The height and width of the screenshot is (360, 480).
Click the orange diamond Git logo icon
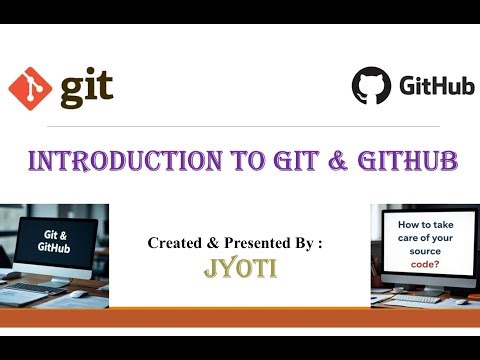click(x=29, y=89)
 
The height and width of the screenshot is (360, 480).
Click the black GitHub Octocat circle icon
click(x=371, y=86)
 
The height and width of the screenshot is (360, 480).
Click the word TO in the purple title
click(x=218, y=162)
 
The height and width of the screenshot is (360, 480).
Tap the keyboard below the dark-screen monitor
click(x=40, y=291)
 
